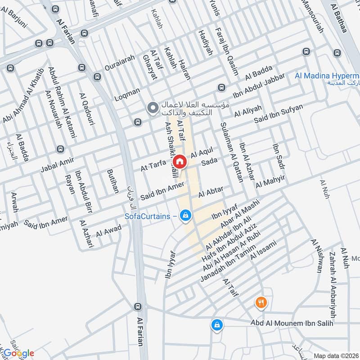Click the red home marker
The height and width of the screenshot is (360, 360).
(179, 161)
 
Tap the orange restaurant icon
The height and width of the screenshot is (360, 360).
(261, 302)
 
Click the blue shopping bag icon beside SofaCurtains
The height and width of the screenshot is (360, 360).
(185, 216)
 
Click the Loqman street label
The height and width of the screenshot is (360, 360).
(127, 93)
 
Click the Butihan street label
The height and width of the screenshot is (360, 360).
(112, 181)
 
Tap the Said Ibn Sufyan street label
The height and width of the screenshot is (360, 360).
(279, 113)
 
